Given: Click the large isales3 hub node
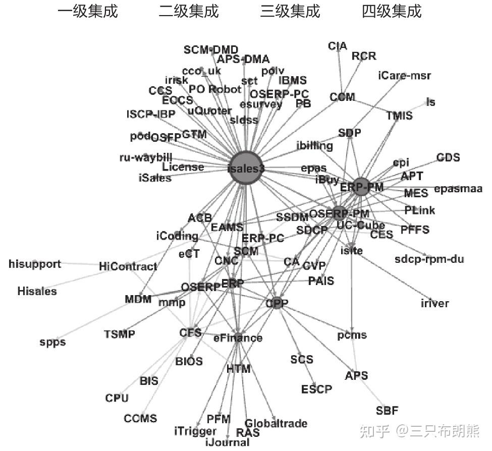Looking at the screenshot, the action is point(246,168).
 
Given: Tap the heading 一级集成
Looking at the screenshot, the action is point(88,11).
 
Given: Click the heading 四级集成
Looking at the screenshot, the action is point(392,11).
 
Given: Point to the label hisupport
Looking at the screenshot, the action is point(35,264).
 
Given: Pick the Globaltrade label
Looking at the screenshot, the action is point(276,423).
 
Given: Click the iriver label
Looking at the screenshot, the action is point(434,303).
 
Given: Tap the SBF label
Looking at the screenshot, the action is point(387,410).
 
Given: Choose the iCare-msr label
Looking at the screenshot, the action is point(405,76).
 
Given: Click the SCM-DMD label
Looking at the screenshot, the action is point(210,49).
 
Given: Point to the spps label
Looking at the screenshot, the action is point(52,342).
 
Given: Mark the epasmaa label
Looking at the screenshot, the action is point(458,189).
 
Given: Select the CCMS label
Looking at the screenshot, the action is point(140,418).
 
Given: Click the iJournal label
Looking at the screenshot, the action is point(228,442).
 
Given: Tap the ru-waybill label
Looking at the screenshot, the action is point(146,157).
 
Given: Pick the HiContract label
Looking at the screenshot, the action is point(128,266).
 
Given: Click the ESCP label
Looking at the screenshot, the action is point(316,389).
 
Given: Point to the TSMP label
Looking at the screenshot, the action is point(120,334).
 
